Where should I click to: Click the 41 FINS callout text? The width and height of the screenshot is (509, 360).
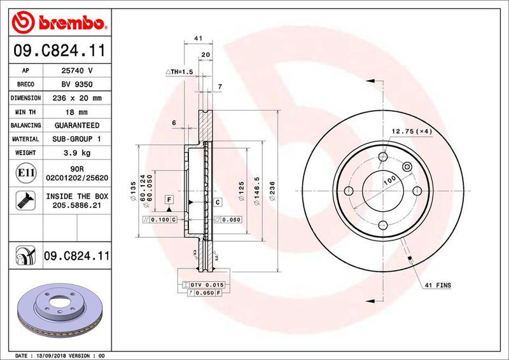[437, 286]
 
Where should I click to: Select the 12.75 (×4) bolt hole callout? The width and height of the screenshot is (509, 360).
[411, 131]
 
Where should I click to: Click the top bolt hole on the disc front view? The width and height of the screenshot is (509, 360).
[383, 157]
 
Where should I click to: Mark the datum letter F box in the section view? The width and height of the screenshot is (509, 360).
[169, 200]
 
